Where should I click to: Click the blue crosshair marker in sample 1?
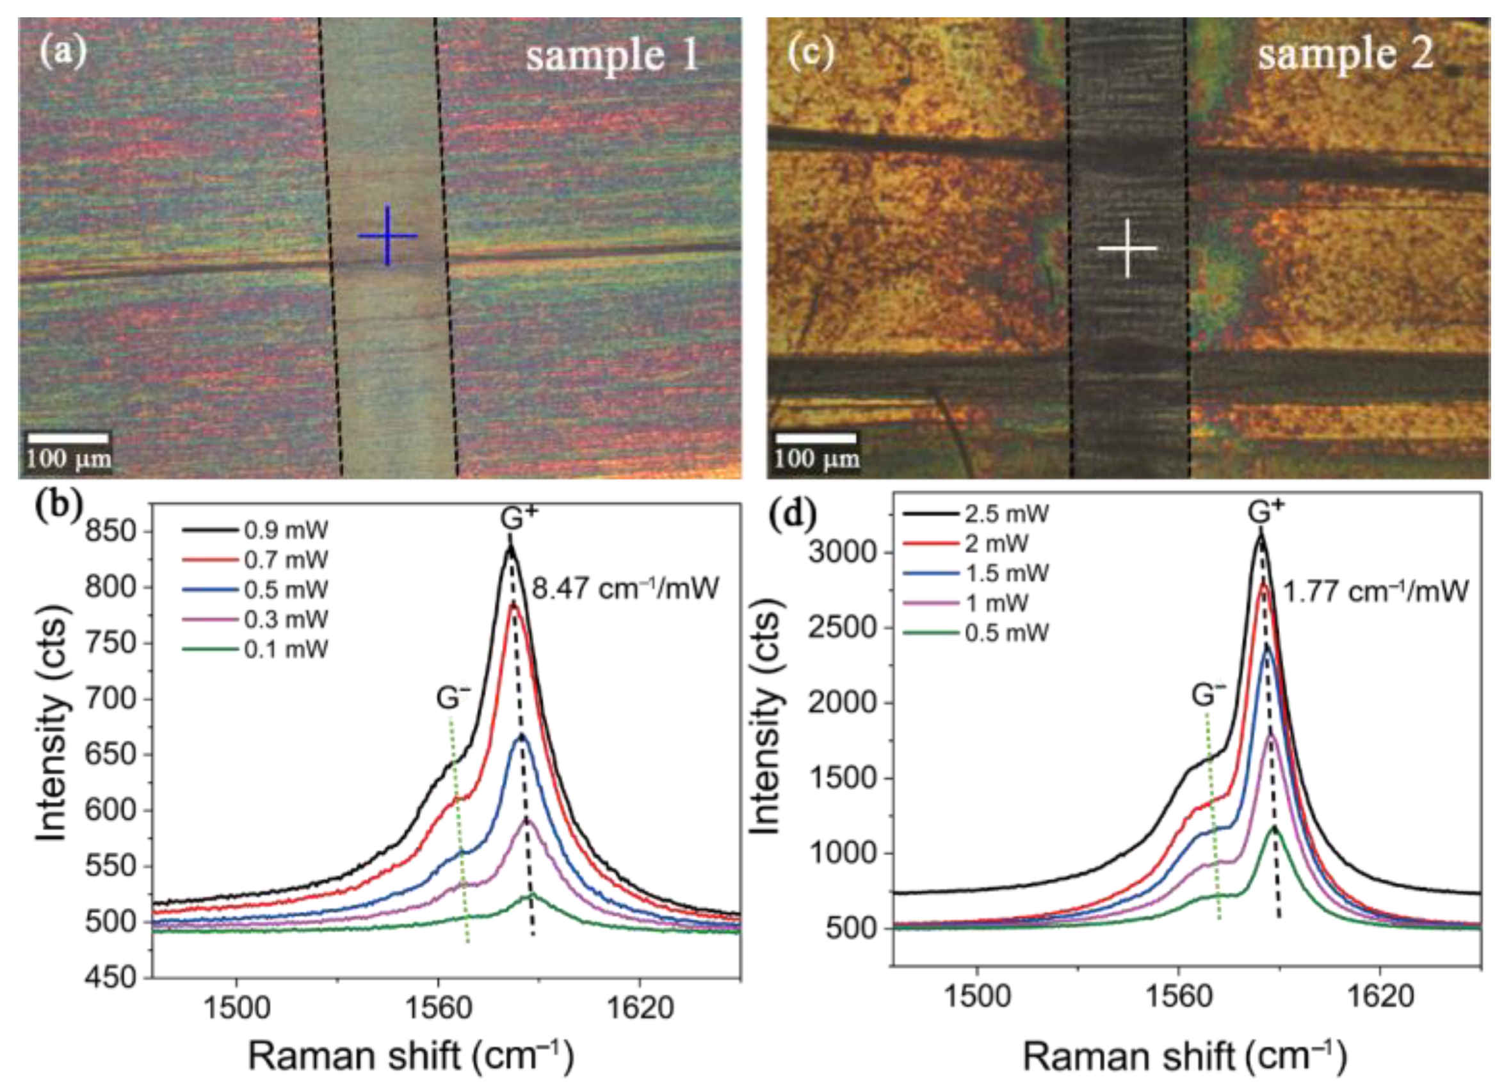[387, 236]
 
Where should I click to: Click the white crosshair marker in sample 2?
[1127, 249]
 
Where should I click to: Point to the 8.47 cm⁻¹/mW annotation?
[624, 587]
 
